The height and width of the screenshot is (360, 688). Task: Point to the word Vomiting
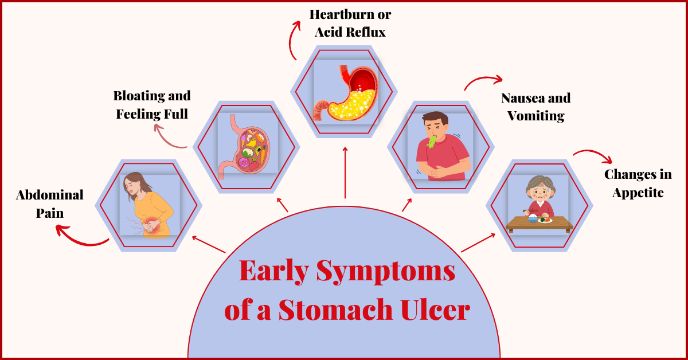535,116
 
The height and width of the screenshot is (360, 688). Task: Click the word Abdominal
49,194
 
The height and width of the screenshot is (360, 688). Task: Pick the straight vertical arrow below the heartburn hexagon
345,172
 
